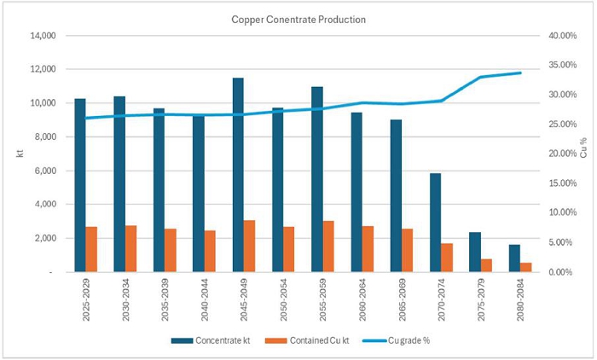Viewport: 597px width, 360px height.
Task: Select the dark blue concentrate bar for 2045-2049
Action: pyautogui.click(x=238, y=175)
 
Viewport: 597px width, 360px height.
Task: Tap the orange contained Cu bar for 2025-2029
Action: pyautogui.click(x=91, y=249)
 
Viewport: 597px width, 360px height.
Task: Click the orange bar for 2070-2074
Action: pyautogui.click(x=447, y=257)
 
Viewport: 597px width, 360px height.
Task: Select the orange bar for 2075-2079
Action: pyautogui.click(x=486, y=265)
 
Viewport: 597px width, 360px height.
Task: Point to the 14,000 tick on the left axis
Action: pyautogui.click(x=42, y=36)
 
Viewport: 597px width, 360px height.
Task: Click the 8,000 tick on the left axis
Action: pyautogui.click(x=44, y=136)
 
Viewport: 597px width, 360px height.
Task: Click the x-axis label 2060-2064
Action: pyautogui.click(x=362, y=299)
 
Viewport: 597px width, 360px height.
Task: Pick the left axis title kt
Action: pyautogui.click(x=11, y=153)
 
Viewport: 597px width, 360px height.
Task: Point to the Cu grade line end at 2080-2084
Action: pyautogui.click(x=520, y=73)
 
